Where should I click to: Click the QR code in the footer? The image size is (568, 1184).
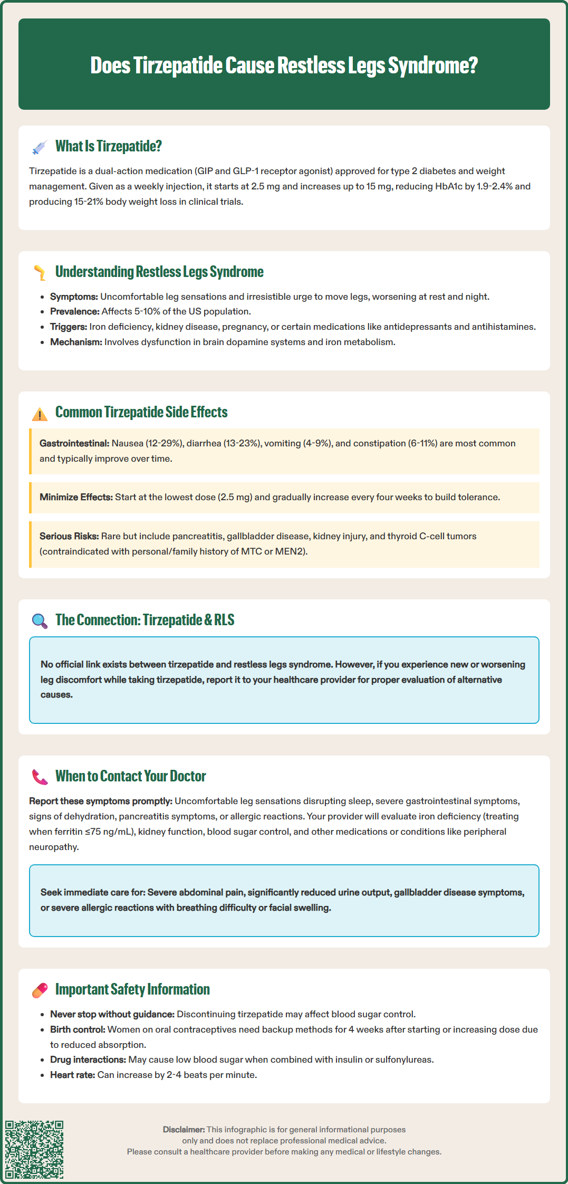click(x=34, y=1149)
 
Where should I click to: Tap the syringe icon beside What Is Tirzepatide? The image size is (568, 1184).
click(x=40, y=147)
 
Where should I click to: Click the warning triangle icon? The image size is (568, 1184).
click(x=40, y=414)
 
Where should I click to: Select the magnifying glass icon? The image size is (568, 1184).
click(x=40, y=620)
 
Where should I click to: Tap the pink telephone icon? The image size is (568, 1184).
click(x=40, y=777)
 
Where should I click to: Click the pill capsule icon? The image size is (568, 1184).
click(x=40, y=990)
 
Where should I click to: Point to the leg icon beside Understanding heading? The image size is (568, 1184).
click(x=40, y=272)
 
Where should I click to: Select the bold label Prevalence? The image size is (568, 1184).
click(x=74, y=311)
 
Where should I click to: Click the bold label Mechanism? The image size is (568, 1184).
click(x=76, y=342)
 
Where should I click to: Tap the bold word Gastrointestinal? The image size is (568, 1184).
click(x=74, y=443)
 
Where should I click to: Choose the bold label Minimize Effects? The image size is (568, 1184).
click(x=76, y=497)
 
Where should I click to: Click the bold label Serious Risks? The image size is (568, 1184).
click(x=69, y=536)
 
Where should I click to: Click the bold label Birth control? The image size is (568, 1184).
click(x=78, y=1029)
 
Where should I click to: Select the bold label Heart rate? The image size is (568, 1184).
click(x=72, y=1075)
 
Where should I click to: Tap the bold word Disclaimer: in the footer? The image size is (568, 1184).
click(x=184, y=1130)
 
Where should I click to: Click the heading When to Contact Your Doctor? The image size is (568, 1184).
click(x=130, y=776)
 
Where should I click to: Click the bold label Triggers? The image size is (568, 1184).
click(x=69, y=327)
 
